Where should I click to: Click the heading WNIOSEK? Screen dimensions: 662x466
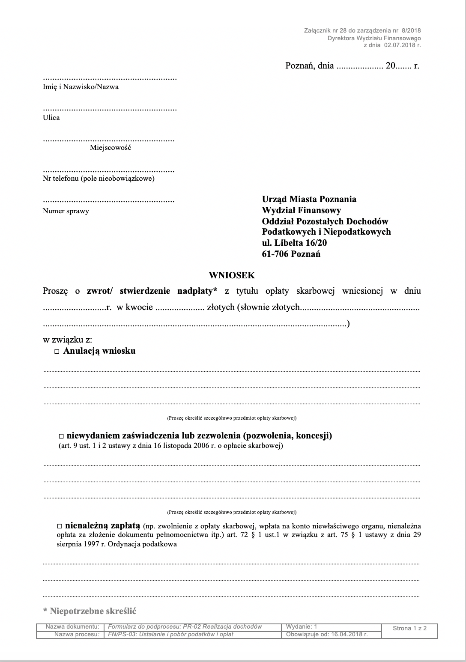click(x=232, y=275)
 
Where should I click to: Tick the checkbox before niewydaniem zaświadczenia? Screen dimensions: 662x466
click(x=61, y=436)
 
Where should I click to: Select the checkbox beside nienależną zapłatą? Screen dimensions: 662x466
click(x=60, y=525)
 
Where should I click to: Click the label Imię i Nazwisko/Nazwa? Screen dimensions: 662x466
click(x=81, y=86)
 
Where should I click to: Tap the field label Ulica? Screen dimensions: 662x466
click(x=51, y=117)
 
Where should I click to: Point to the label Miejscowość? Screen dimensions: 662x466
click(x=110, y=148)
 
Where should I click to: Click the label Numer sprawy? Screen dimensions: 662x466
click(x=66, y=211)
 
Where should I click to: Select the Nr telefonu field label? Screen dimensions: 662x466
click(x=99, y=178)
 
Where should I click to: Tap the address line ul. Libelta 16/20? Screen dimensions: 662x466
click(x=295, y=243)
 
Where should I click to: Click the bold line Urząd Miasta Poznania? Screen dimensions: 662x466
click(x=309, y=199)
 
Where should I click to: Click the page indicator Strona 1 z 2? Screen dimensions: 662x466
click(x=409, y=628)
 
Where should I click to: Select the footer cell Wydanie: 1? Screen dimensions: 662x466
click(x=302, y=626)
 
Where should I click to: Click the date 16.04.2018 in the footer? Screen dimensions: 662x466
click(x=347, y=634)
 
